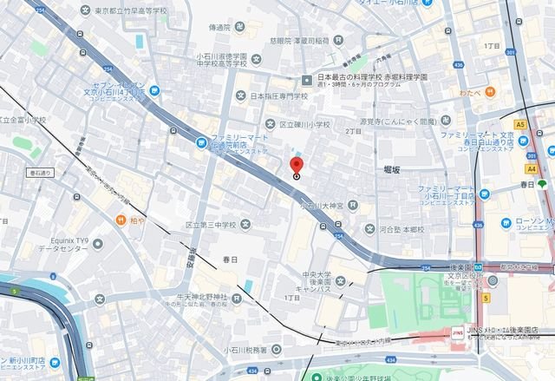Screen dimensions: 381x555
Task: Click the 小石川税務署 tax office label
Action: pyautogui.click(x=252, y=350)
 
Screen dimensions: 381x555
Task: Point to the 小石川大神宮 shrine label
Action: pyautogui.click(x=322, y=206)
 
